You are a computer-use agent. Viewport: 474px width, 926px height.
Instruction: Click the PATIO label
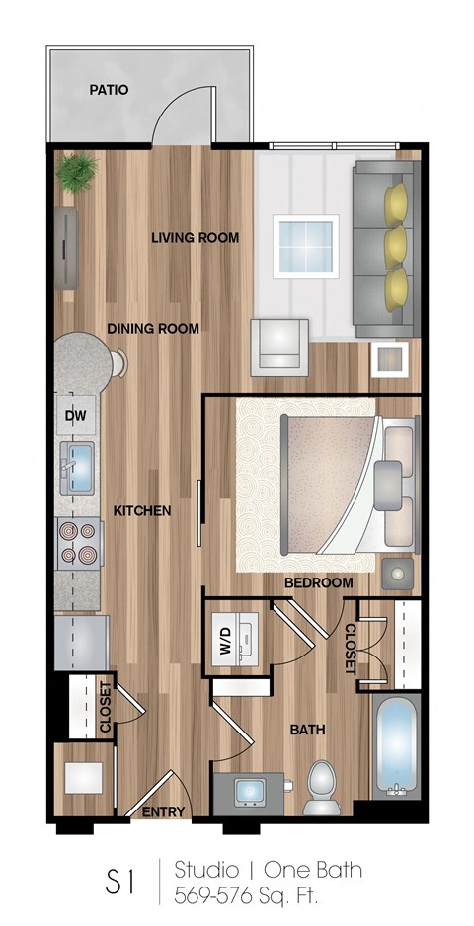click(109, 90)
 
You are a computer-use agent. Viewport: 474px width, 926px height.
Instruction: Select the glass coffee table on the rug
click(304, 247)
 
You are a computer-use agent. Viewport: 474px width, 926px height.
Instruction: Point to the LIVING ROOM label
click(195, 238)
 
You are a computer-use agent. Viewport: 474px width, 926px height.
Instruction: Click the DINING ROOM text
click(153, 329)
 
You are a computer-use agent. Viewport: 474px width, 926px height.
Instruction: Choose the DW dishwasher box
click(76, 416)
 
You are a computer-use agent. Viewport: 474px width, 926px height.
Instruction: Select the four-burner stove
click(78, 542)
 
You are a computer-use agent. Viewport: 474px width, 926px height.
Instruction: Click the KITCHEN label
click(142, 511)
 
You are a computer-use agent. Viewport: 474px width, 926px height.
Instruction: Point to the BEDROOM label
click(318, 583)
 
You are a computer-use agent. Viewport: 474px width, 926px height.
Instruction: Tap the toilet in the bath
click(322, 785)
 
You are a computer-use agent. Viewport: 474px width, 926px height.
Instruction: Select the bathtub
click(397, 746)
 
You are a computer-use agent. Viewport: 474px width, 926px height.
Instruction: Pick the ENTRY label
click(163, 811)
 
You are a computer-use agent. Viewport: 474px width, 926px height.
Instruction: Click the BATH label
click(307, 731)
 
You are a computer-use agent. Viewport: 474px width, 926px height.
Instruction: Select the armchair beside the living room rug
click(279, 347)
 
